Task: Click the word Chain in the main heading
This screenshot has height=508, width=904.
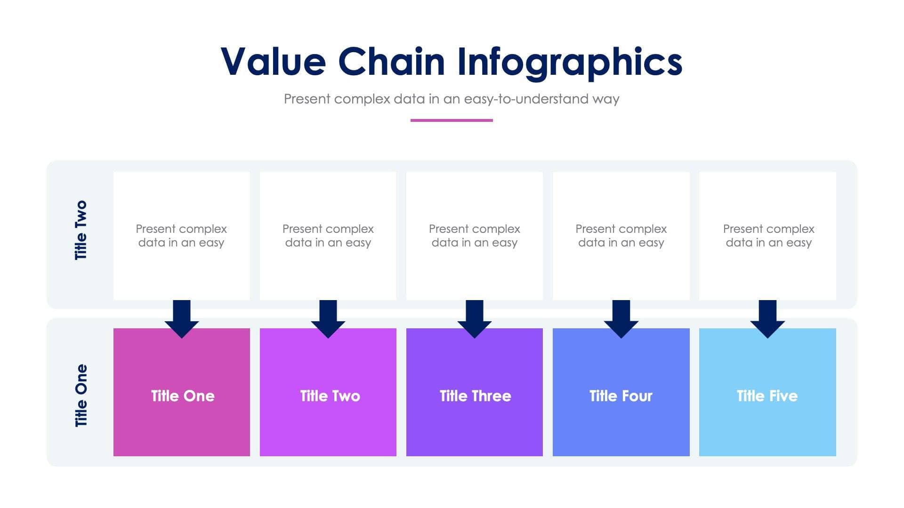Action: pyautogui.click(x=391, y=62)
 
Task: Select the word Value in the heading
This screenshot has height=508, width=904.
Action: pyautogui.click(x=273, y=62)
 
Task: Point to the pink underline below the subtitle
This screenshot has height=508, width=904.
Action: pyautogui.click(x=452, y=120)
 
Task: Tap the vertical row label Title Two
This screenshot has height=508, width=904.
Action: pyautogui.click(x=81, y=230)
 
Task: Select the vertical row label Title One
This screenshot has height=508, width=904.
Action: pyautogui.click(x=81, y=396)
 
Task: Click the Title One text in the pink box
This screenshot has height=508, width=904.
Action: pyautogui.click(x=183, y=396)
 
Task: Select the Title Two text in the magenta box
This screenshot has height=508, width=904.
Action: pyautogui.click(x=330, y=396)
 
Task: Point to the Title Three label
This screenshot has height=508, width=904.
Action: pyautogui.click(x=475, y=396)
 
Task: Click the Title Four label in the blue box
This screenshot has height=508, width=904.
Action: pyautogui.click(x=621, y=396)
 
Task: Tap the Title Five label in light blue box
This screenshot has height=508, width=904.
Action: pyautogui.click(x=767, y=396)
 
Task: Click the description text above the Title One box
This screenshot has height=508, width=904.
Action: pyautogui.click(x=181, y=236)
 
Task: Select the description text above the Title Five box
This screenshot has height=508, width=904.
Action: pyautogui.click(x=768, y=236)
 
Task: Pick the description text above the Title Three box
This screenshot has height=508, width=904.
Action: pyautogui.click(x=475, y=236)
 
